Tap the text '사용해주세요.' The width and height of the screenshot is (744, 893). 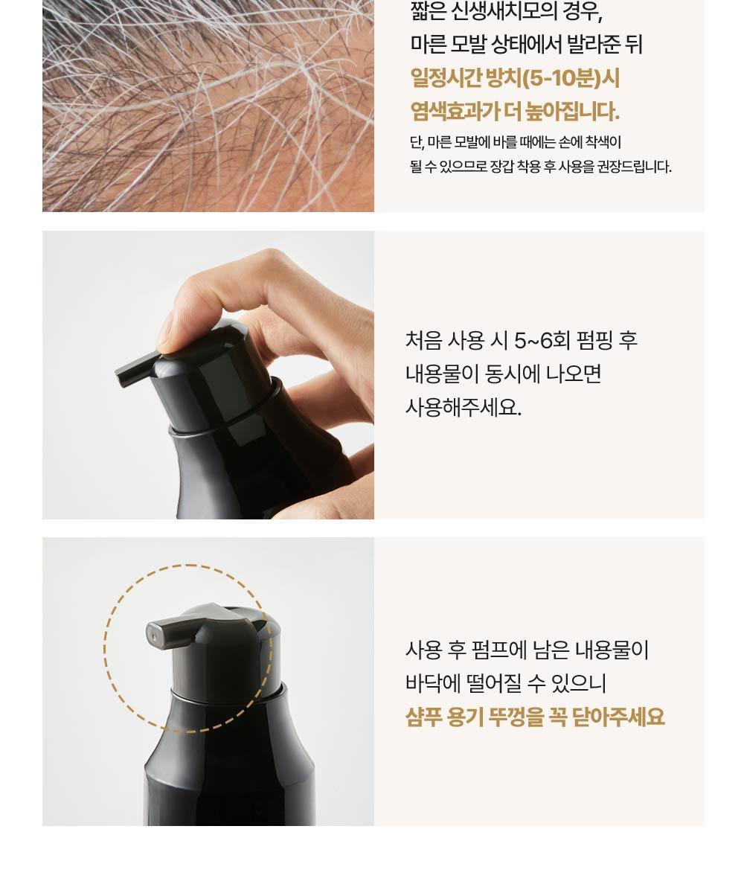click(463, 408)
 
